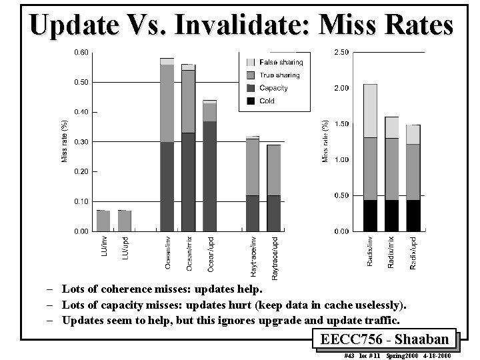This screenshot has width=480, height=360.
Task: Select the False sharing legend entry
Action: [280, 62]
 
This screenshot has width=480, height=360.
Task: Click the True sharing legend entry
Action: [279, 75]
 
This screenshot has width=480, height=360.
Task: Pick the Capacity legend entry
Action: [273, 88]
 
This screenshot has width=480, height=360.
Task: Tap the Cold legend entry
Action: [267, 101]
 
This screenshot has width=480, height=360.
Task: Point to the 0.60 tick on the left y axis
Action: [80, 52]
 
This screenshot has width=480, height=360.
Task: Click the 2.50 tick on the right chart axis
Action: [341, 52]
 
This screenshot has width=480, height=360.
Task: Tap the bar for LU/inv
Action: [103, 221]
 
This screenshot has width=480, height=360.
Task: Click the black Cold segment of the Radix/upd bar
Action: [413, 215]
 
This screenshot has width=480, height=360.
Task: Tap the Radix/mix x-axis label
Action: [391, 252]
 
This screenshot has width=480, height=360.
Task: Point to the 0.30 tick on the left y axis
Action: [80, 141]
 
